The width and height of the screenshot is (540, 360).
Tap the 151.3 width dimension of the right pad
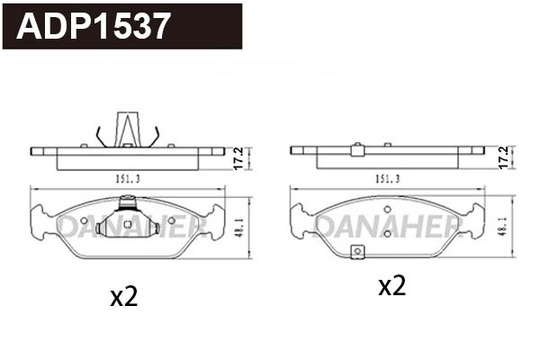point(388,179)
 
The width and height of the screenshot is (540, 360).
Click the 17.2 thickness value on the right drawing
point(503,157)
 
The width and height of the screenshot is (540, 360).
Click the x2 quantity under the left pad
point(123,296)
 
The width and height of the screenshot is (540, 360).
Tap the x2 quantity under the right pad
point(391,286)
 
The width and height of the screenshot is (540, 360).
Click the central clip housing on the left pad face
point(128,221)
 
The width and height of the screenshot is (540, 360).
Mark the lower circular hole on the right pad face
point(387,233)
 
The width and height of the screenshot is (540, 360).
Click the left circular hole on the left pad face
point(84,220)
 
